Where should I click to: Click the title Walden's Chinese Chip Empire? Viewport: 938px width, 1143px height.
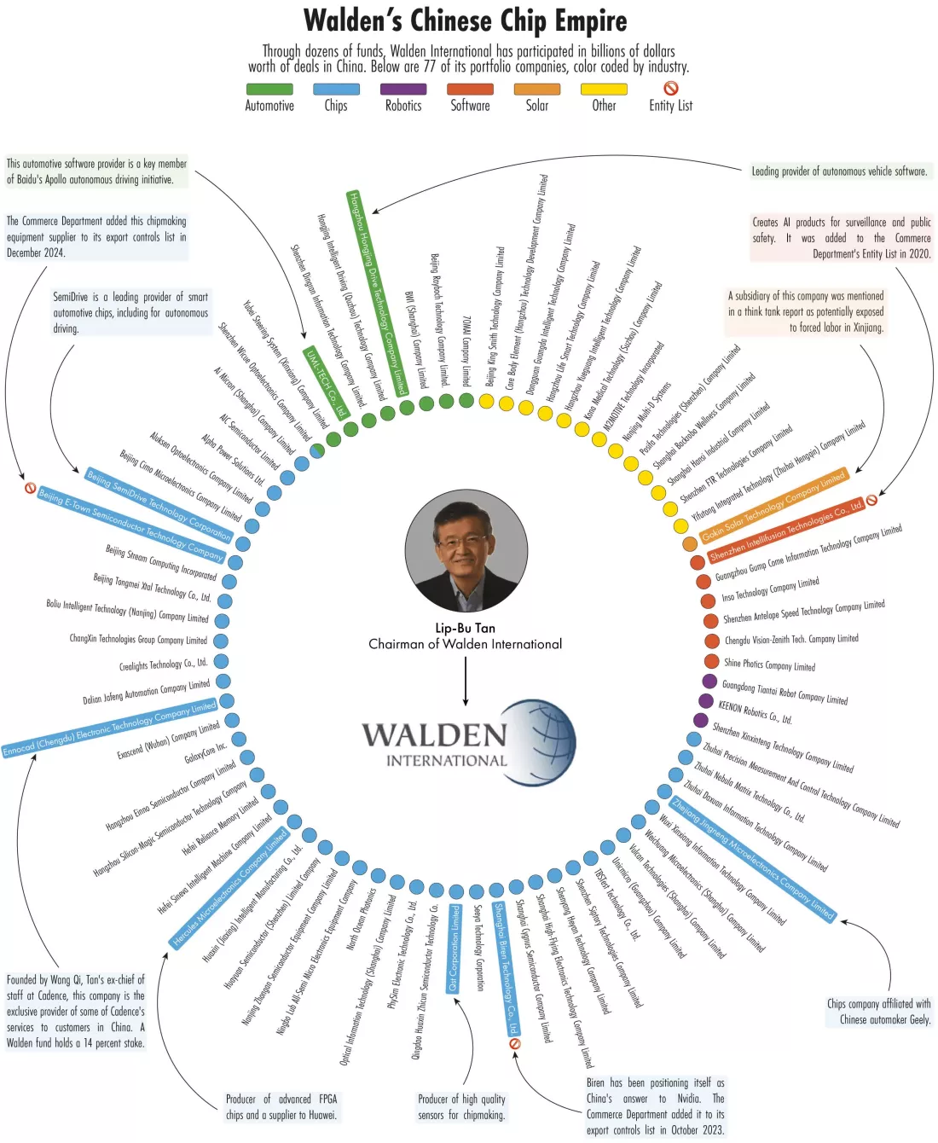coord(466,20)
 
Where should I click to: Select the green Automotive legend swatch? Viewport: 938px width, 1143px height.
coord(269,89)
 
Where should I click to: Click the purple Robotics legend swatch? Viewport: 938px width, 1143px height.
coord(403,89)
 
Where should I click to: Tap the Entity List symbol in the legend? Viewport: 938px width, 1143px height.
coord(671,88)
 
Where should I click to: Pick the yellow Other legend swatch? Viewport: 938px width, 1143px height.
coord(604,89)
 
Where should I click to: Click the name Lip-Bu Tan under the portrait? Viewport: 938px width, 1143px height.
coord(465,628)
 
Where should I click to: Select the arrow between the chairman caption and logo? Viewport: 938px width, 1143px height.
coord(466,681)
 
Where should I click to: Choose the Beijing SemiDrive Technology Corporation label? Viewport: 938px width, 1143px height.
coord(159,504)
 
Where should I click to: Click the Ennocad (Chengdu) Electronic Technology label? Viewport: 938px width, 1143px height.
coord(109,729)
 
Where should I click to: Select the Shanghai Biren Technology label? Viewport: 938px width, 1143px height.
coord(506,968)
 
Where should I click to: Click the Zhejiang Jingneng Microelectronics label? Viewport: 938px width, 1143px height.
coord(753,859)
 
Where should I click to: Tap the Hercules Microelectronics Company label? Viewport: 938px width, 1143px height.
coord(230,887)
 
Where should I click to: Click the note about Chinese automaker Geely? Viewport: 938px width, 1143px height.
coord(878,1012)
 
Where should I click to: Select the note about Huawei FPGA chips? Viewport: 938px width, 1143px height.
coord(281,1107)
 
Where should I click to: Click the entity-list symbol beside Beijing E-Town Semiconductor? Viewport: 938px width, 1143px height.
coord(30,489)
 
